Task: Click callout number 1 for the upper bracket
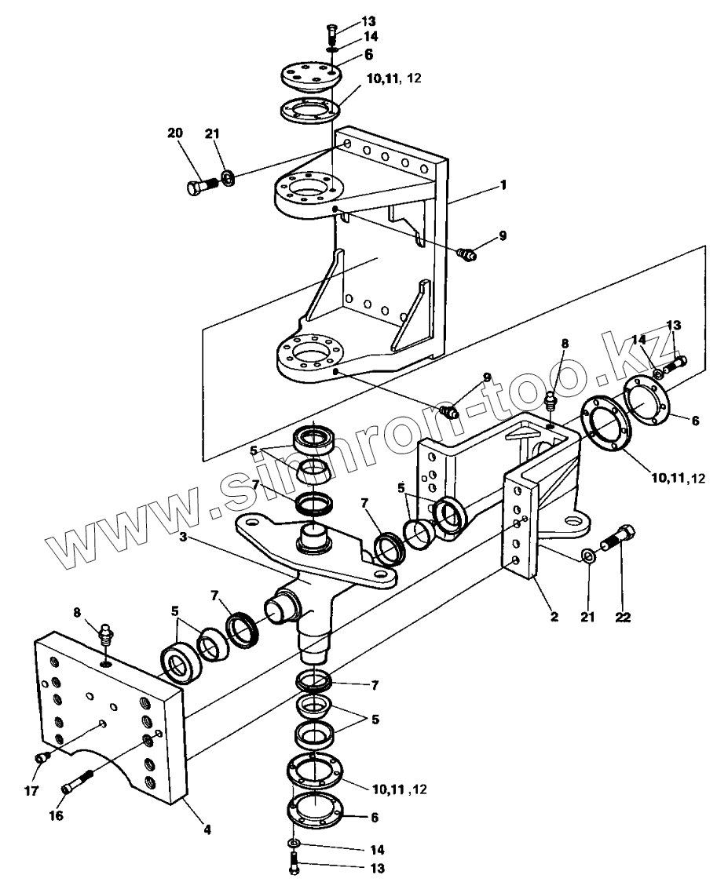pos(503,185)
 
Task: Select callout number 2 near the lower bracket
pos(554,616)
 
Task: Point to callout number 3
pos(183,537)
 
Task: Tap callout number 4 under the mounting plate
pos(207,829)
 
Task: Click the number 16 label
pos(56,815)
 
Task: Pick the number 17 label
pos(31,790)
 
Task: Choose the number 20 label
pos(175,133)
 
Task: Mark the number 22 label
pos(623,617)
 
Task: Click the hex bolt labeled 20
pos(201,186)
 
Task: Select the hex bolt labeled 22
pos(617,538)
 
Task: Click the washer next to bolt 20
pos(227,177)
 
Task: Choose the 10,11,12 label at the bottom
pos(399,790)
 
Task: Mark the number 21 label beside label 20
pos(211,133)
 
